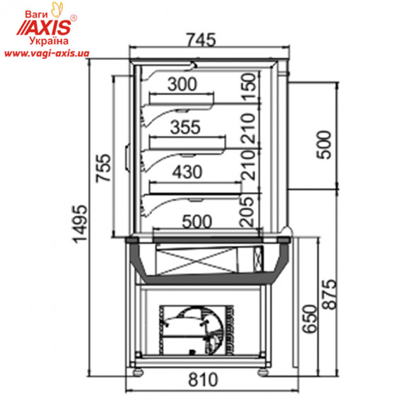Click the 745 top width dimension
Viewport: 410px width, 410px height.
click(x=201, y=40)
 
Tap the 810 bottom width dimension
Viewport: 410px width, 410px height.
click(x=203, y=380)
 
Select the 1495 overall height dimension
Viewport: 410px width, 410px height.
click(x=80, y=224)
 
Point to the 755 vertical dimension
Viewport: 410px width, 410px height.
click(x=103, y=168)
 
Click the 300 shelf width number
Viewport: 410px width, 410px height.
click(x=182, y=84)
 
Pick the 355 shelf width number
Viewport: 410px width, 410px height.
click(x=185, y=127)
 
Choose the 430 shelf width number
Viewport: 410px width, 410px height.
click(x=187, y=172)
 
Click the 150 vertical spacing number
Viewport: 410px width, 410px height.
click(x=248, y=87)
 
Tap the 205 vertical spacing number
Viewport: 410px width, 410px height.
click(x=247, y=212)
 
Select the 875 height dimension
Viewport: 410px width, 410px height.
click(x=329, y=295)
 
